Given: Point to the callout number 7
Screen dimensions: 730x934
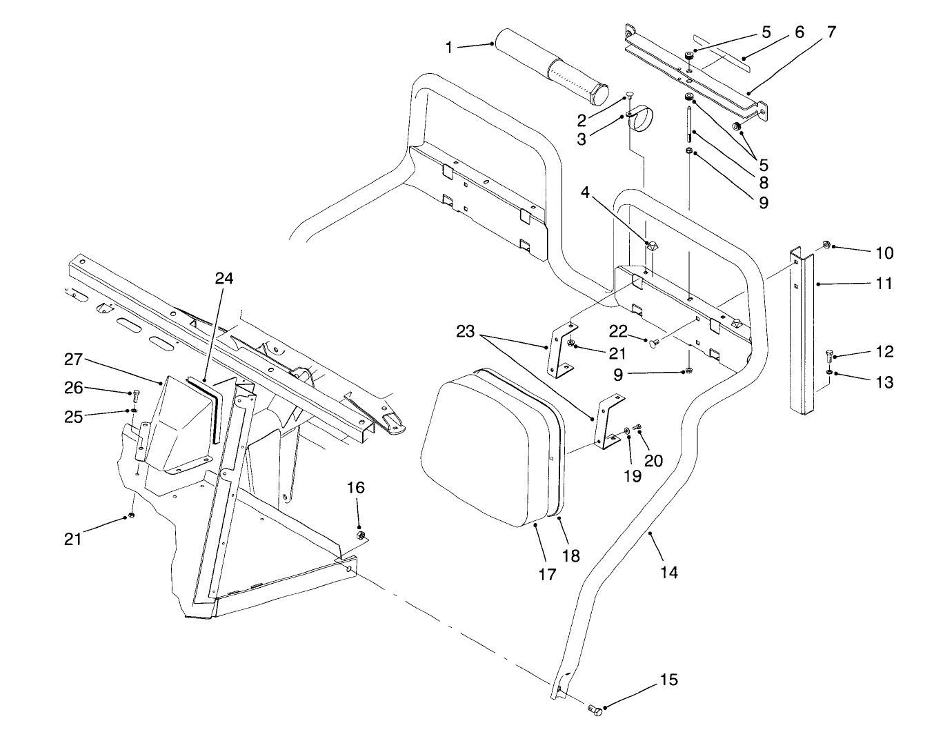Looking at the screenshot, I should (831, 31).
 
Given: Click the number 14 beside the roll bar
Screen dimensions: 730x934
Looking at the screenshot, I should (668, 572).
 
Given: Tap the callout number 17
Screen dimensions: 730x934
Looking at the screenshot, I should (546, 574).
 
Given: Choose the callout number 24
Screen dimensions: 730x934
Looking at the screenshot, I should (224, 279).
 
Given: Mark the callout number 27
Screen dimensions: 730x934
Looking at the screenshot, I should (73, 359).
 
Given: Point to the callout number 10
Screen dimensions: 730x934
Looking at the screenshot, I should (884, 253).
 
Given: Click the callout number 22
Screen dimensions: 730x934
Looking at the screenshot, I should (618, 332).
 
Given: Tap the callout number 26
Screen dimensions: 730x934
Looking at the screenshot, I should (74, 388).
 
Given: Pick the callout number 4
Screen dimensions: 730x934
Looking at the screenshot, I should (585, 192).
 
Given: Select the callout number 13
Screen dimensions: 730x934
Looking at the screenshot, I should (884, 382).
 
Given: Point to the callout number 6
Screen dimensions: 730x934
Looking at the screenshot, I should (799, 32).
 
